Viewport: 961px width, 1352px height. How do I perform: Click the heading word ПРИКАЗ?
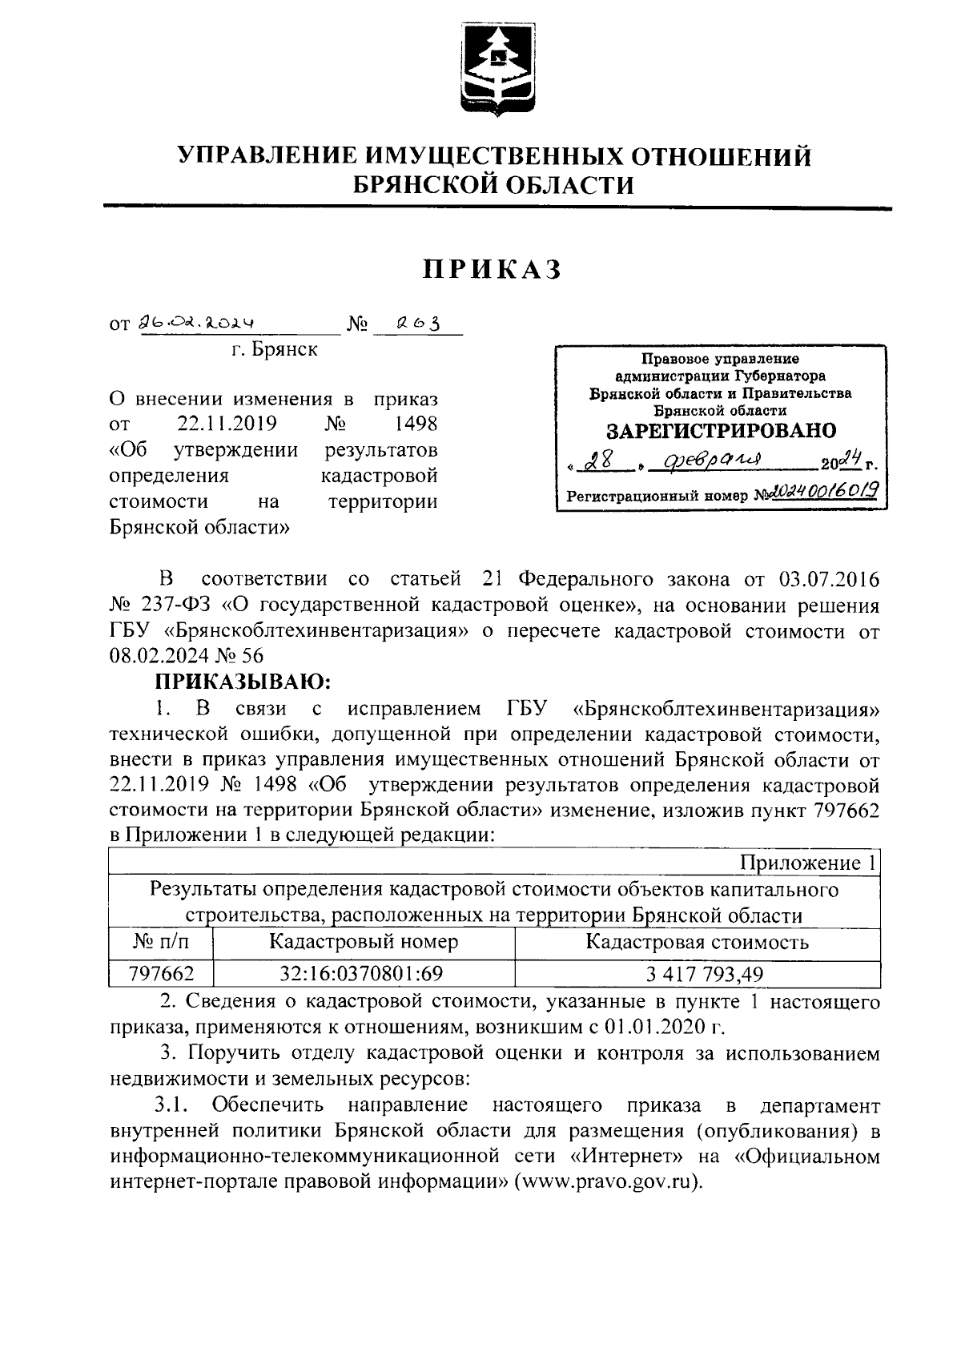click(x=493, y=271)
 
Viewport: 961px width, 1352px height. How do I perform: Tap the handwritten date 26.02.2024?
click(x=196, y=323)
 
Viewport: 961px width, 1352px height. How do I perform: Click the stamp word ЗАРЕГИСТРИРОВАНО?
click(x=720, y=431)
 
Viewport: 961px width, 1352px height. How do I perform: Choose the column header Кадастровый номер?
click(x=364, y=942)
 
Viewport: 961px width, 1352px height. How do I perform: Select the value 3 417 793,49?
click(x=696, y=974)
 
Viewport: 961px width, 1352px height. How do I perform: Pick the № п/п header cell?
click(x=161, y=942)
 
